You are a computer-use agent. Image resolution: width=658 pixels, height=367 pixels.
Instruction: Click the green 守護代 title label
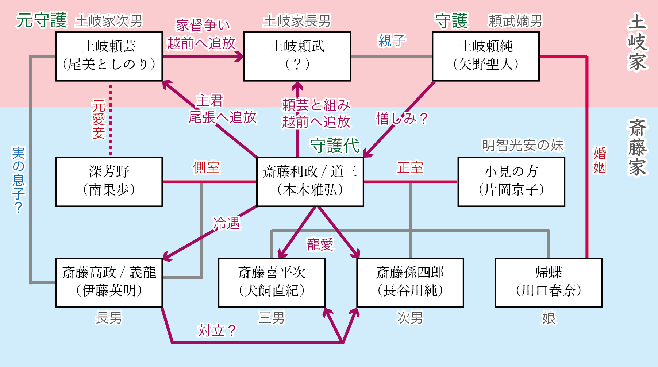click(335, 146)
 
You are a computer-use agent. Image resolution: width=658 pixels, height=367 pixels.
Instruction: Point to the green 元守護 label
click(42, 20)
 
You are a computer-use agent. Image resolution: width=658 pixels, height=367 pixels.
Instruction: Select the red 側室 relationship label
click(206, 167)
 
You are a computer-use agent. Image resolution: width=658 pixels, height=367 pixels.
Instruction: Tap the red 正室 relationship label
click(411, 167)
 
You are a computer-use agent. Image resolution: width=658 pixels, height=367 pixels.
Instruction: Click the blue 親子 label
click(392, 40)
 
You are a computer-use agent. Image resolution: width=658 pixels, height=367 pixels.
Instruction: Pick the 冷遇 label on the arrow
click(227, 223)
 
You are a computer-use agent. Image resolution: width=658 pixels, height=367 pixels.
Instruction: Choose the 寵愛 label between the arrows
click(320, 244)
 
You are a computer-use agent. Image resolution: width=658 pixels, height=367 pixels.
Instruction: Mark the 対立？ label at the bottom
click(217, 331)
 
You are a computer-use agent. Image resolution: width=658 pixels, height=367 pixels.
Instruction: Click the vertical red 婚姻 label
click(600, 161)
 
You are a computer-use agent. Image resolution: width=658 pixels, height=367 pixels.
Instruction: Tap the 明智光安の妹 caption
click(523, 145)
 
